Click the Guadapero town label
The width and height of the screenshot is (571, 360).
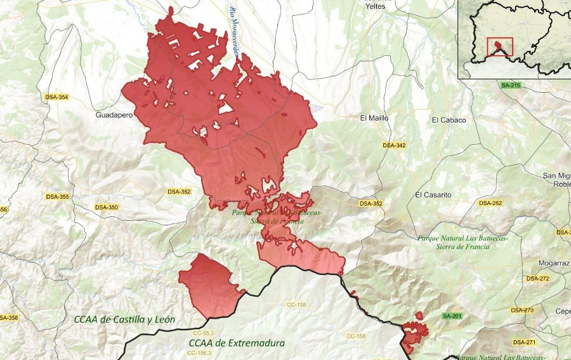[114, 116]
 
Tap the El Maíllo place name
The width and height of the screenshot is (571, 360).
[374, 117]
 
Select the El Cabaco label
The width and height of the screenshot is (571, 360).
[449, 120]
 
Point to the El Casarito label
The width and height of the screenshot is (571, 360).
[433, 195]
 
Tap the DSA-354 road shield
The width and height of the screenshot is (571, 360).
[56, 97]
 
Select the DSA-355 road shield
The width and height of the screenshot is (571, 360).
[58, 197]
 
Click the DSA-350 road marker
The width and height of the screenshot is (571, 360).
[106, 207]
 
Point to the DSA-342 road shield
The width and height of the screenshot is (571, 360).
[394, 145]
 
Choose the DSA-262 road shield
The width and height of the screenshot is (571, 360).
[490, 203]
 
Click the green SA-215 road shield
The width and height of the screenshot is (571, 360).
[510, 85]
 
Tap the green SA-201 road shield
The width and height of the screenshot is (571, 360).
[452, 316]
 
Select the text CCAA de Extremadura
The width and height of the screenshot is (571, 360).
[237, 343]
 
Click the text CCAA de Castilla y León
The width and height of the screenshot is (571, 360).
[124, 319]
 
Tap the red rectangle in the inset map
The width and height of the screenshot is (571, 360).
[499, 48]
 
